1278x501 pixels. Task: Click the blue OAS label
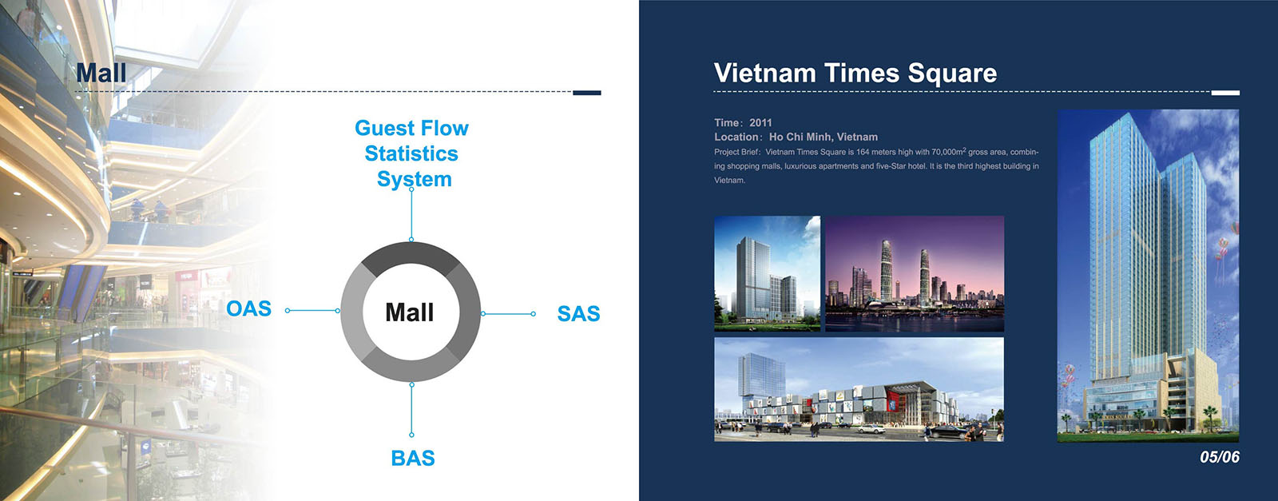(x=248, y=308)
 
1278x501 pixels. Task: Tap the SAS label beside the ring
(x=578, y=314)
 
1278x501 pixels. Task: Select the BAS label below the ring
(x=413, y=458)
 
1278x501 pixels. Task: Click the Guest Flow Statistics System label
(x=411, y=153)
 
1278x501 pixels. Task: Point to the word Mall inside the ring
(x=410, y=312)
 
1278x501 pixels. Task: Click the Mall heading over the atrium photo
(x=101, y=73)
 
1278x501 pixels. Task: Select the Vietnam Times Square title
(x=855, y=73)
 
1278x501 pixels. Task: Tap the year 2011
(x=760, y=123)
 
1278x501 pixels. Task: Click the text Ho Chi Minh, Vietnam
(x=824, y=137)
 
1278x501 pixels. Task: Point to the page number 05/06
(x=1220, y=457)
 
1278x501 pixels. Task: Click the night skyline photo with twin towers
(x=915, y=273)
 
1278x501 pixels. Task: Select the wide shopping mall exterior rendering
(x=859, y=390)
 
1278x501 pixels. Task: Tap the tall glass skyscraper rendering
(x=1148, y=276)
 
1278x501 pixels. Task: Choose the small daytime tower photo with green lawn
(x=768, y=273)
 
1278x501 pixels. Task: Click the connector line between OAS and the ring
(x=312, y=311)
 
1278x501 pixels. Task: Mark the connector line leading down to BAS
(x=412, y=410)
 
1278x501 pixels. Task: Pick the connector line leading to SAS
(x=508, y=314)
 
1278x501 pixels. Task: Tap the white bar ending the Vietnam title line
(x=1225, y=93)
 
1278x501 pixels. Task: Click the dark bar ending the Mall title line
(x=587, y=93)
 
